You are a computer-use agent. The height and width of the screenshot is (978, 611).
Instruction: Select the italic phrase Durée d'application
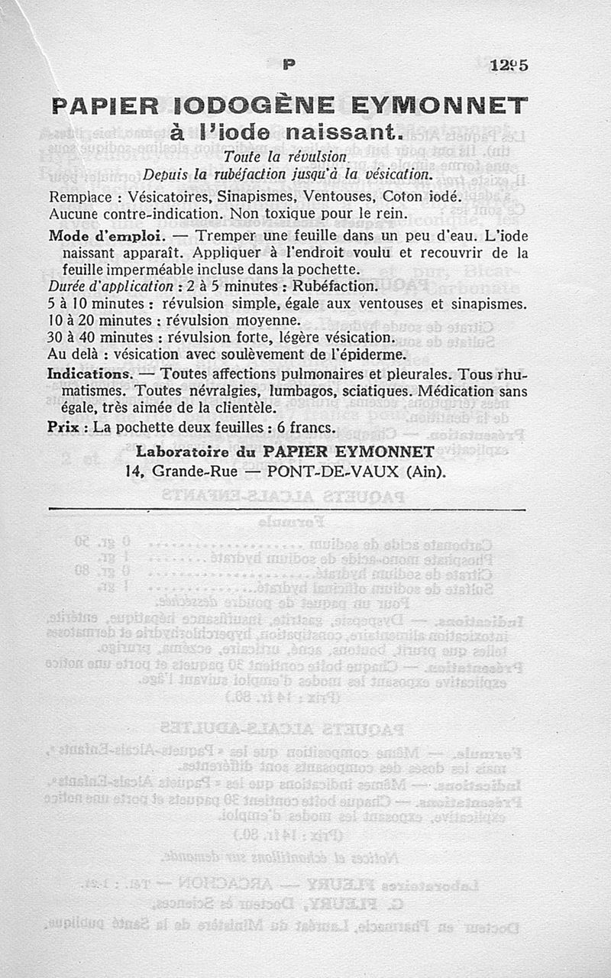[x=110, y=287]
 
